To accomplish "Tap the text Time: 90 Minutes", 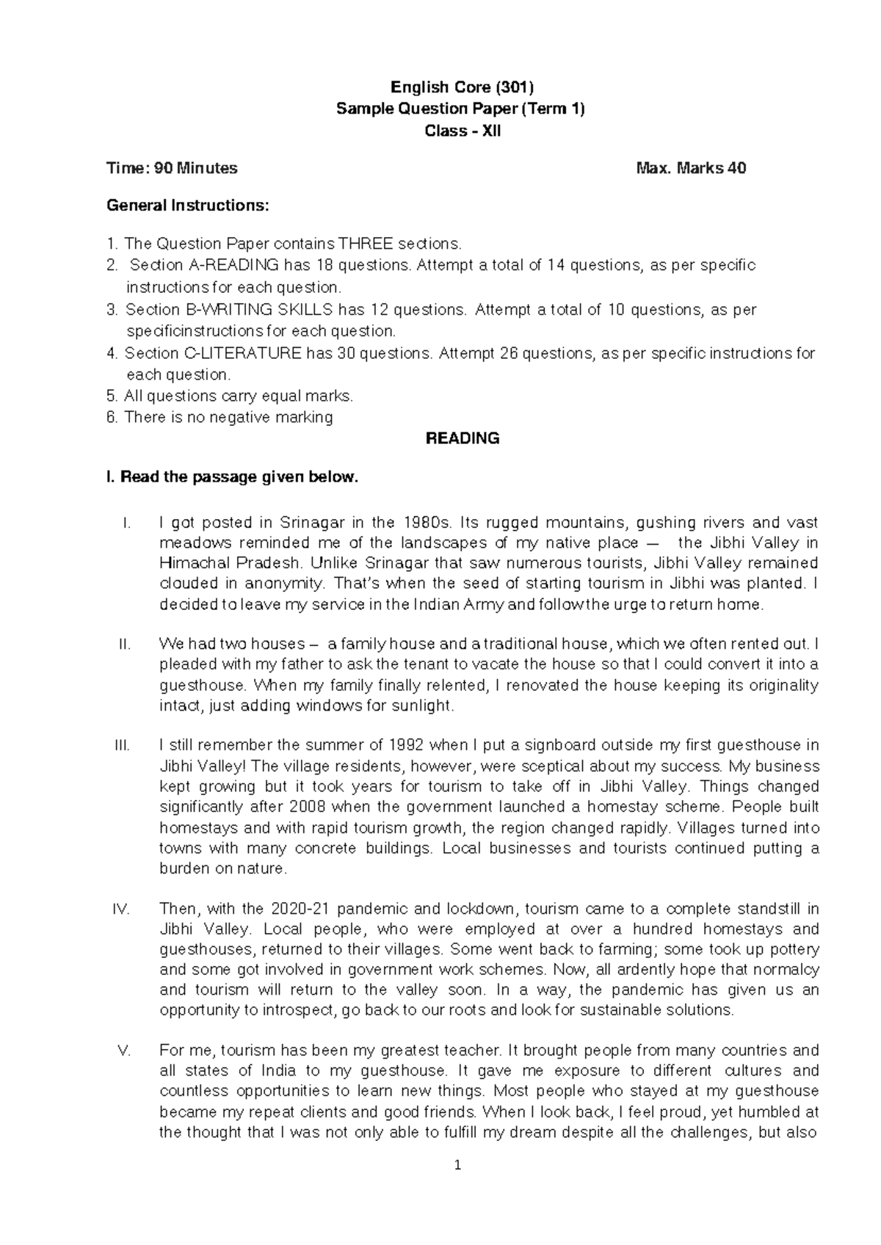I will [x=172, y=168].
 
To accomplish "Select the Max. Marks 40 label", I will [x=691, y=168].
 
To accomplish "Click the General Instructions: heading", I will [x=188, y=206].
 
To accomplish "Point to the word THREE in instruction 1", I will [x=366, y=244].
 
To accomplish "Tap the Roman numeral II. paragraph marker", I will [x=124, y=645].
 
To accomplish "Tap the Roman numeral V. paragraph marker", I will [x=124, y=1050].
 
